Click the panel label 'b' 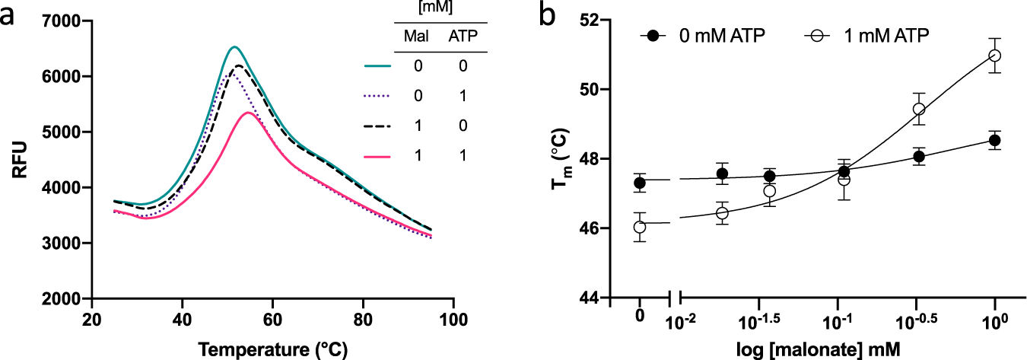coord(548,15)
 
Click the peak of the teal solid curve coord(234,47)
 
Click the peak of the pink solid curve coord(248,113)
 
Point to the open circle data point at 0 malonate coord(640,227)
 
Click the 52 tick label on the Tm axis coord(587,20)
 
